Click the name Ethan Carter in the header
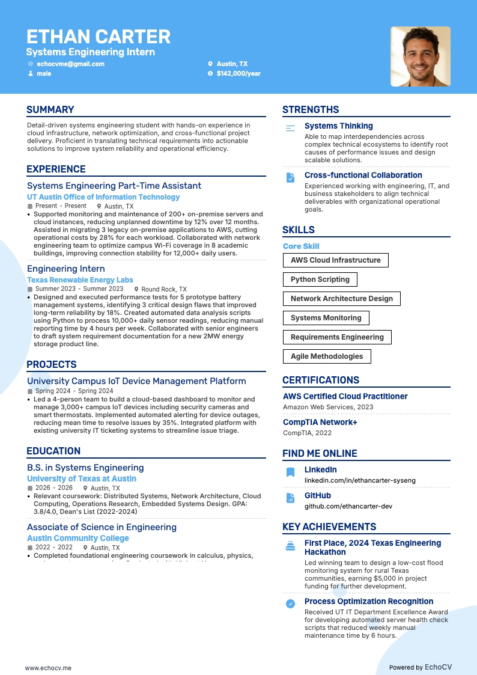pos(99,37)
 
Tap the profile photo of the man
pos(420,57)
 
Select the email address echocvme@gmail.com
pos(70,64)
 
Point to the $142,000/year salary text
pos(239,73)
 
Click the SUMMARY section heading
pos(50,109)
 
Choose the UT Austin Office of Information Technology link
pos(103,197)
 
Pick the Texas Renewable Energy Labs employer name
pos(80,279)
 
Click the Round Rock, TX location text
pos(164,289)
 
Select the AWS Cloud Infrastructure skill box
pos(335,260)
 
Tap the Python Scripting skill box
pos(320,279)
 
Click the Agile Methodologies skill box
pos(327,356)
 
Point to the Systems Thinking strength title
pos(338,126)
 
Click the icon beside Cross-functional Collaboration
pos(290,177)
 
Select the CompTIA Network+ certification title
pos(320,423)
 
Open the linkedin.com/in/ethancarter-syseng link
pos(359,481)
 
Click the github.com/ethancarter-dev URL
pos(348,506)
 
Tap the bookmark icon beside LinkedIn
pos(290,472)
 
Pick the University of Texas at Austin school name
pos(82,478)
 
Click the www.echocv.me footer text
pos(48,667)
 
